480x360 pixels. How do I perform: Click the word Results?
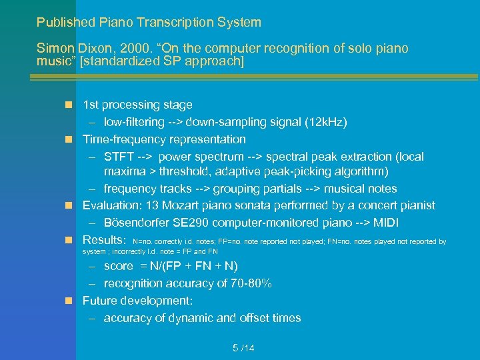[104, 240]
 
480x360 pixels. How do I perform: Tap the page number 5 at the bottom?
[235, 348]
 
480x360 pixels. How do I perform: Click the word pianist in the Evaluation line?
[416, 205]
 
